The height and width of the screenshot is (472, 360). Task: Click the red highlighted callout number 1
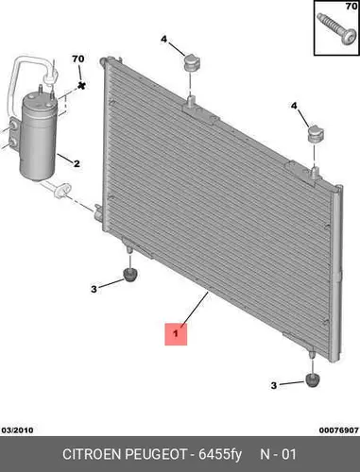176,333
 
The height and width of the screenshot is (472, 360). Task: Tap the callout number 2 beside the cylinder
77,163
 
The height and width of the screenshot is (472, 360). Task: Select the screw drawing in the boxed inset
336,30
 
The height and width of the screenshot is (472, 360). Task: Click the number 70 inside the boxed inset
351,6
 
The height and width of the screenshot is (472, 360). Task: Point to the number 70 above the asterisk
78,59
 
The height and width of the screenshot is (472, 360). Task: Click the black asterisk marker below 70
81,85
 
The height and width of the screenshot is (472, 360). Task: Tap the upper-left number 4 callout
163,40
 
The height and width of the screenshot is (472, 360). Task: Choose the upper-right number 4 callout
294,106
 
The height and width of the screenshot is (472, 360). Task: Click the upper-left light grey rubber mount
192,62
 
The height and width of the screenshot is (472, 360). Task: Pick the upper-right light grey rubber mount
316,134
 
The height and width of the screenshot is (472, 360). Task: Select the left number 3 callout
94,289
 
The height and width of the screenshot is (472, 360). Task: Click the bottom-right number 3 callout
274,385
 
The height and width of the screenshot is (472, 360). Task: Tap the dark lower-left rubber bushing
130,275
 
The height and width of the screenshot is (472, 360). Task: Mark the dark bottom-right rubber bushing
313,380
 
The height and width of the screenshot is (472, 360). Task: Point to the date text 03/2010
18,430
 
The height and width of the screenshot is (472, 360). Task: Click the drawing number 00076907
339,430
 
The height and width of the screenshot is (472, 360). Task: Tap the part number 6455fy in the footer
220,455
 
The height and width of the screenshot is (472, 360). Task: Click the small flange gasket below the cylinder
63,191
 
